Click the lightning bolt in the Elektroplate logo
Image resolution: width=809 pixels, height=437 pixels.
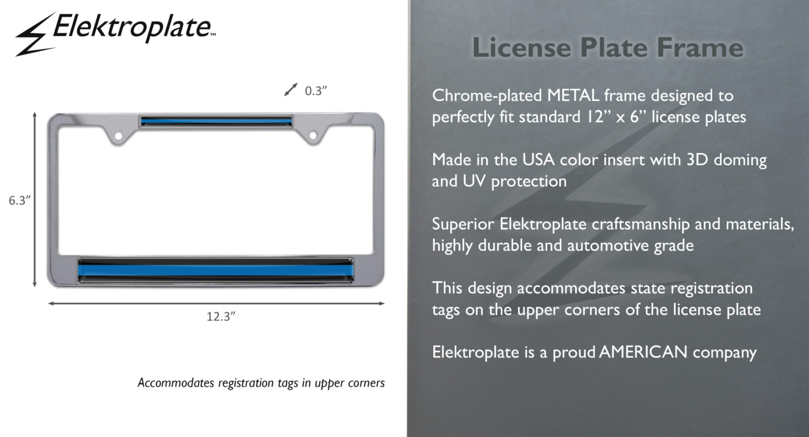click(35, 35)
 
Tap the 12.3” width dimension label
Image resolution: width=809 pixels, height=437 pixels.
click(221, 316)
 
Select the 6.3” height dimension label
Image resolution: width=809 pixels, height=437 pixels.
click(20, 200)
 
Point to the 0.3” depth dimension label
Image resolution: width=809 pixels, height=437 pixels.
click(316, 91)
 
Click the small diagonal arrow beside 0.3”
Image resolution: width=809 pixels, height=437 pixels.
click(291, 89)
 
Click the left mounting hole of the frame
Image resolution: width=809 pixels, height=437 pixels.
click(118, 135)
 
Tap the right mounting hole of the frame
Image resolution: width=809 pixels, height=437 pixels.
click(313, 135)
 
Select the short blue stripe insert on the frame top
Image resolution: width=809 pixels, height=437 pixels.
click(216, 121)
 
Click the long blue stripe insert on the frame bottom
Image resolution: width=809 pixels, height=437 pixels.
click(216, 270)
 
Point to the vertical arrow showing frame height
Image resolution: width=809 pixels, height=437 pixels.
click(35, 199)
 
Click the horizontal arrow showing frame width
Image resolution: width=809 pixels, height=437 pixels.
click(216, 303)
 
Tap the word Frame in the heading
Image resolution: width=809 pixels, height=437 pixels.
click(700, 47)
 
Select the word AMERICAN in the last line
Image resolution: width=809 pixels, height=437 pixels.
click(643, 352)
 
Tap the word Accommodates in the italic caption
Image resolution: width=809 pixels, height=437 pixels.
click(176, 383)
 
